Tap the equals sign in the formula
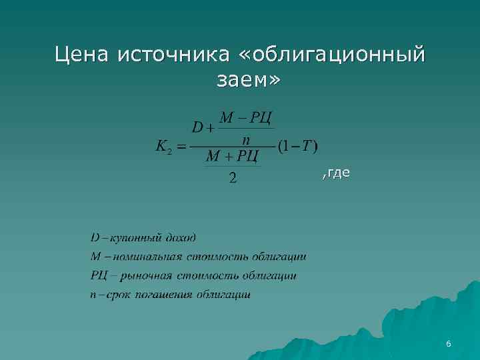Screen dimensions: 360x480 [x=181, y=145]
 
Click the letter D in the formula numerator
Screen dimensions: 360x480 [x=198, y=127]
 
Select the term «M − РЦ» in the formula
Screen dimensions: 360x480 [x=246, y=118]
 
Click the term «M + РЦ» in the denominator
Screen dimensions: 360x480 [x=232, y=157]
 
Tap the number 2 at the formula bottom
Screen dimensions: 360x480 [x=232, y=178]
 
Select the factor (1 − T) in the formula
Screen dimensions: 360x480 [x=297, y=145]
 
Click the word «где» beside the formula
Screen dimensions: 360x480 [x=339, y=173]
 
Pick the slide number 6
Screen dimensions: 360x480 [x=449, y=344]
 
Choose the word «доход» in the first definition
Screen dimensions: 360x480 [x=179, y=238]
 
